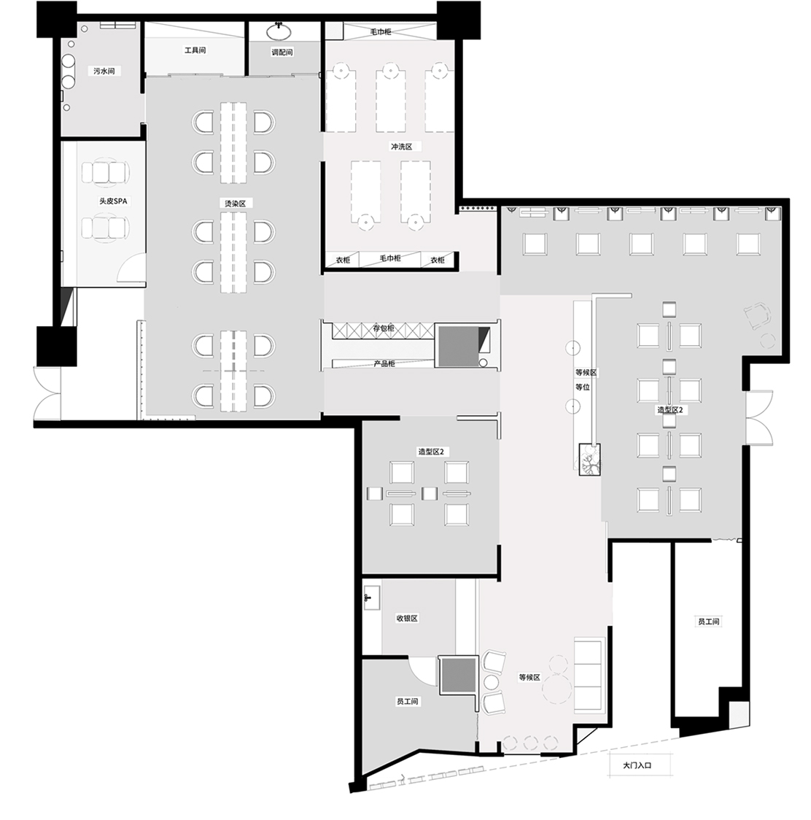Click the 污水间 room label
(104, 71)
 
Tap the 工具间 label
(195, 50)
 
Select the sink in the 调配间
(279, 31)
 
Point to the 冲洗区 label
(402, 147)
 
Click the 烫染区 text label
(235, 203)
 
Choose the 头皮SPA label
(113, 201)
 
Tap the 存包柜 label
(384, 328)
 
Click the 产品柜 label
(384, 363)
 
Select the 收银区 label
(407, 618)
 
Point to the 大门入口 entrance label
(637, 765)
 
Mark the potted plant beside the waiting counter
(589, 460)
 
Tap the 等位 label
(583, 387)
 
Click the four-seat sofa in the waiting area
(589, 675)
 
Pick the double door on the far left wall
(47, 392)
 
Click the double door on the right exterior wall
(760, 418)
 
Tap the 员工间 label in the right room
(708, 622)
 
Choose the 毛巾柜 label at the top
(381, 32)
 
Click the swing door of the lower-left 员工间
(422, 670)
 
